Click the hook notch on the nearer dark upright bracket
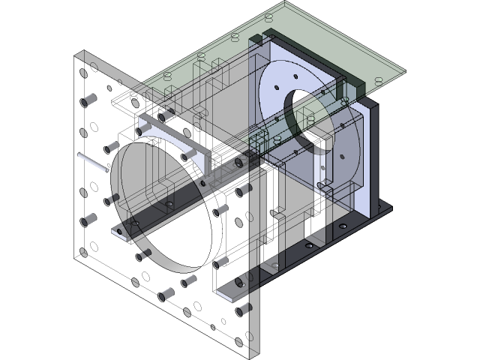pyautogui.click(x=274, y=214)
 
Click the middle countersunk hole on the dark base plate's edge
pyautogui.click(x=342, y=226)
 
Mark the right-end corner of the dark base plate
pyautogui.click(x=392, y=208)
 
